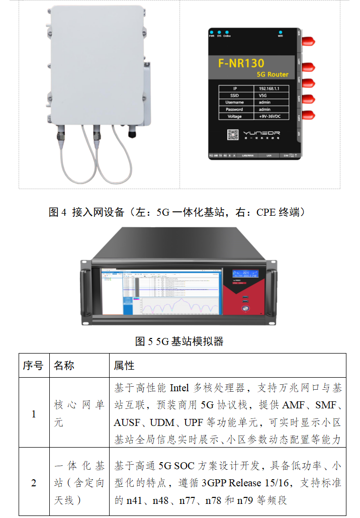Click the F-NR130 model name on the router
point(241,63)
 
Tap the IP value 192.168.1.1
point(273,88)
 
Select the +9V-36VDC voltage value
point(273,116)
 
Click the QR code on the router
point(233,134)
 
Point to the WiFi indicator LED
point(280,32)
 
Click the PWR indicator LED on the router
point(212,32)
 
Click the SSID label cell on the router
point(234,95)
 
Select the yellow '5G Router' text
point(273,74)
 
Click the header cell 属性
point(124,366)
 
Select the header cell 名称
point(64,366)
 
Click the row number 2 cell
point(34,483)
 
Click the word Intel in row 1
point(179,388)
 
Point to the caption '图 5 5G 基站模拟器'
point(179,341)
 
